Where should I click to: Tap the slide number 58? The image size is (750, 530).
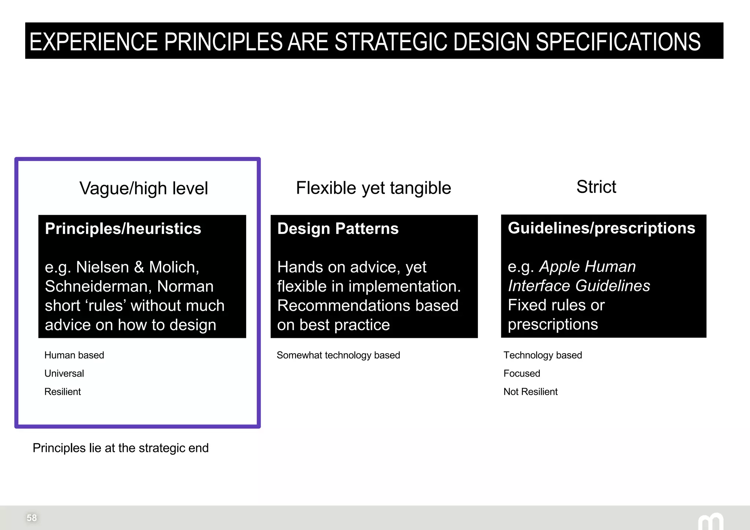31,518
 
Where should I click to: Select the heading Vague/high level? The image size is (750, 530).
144,189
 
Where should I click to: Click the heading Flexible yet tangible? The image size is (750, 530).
373,188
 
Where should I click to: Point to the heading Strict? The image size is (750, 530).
596,187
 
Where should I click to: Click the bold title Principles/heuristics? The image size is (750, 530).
123,229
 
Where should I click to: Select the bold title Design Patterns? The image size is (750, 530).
338,229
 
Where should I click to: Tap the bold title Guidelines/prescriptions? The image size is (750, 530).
601,228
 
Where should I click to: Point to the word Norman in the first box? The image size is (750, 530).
185,286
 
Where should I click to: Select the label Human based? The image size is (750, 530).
74,355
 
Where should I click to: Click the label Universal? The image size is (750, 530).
64,373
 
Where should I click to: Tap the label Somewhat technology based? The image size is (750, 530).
338,355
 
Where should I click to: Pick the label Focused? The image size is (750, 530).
521,373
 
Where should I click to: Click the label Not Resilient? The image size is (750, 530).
530,392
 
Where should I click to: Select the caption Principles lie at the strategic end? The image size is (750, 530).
120,448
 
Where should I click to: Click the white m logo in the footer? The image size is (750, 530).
710,522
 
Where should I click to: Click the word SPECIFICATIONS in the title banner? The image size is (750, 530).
618,41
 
